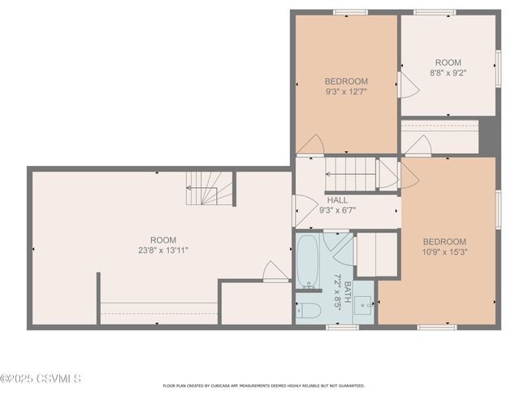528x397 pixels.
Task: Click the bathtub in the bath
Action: coord(308,261)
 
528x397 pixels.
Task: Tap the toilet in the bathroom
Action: coord(308,310)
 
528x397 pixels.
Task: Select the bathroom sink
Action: coord(363,305)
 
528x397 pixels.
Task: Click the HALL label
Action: coord(337,200)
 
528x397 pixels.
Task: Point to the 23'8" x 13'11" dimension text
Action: coord(163,251)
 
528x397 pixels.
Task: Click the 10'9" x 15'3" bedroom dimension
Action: coord(445,251)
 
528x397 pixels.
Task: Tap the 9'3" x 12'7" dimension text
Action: coord(346,91)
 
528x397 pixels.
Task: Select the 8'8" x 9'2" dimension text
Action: coord(448,72)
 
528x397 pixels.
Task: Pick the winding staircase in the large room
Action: coord(209,188)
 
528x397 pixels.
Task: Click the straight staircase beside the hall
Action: coord(350,174)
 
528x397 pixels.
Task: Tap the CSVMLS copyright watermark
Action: coord(41,378)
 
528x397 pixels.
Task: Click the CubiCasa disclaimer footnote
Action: coord(264,386)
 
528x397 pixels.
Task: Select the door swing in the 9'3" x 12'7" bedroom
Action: coord(311,144)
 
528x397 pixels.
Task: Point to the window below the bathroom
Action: coord(343,327)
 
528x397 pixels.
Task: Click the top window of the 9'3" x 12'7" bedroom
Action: coord(351,12)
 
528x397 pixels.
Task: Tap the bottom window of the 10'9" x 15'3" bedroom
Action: coord(437,327)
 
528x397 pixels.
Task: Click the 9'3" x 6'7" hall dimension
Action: coord(337,211)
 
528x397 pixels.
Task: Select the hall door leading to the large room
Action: coord(305,211)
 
